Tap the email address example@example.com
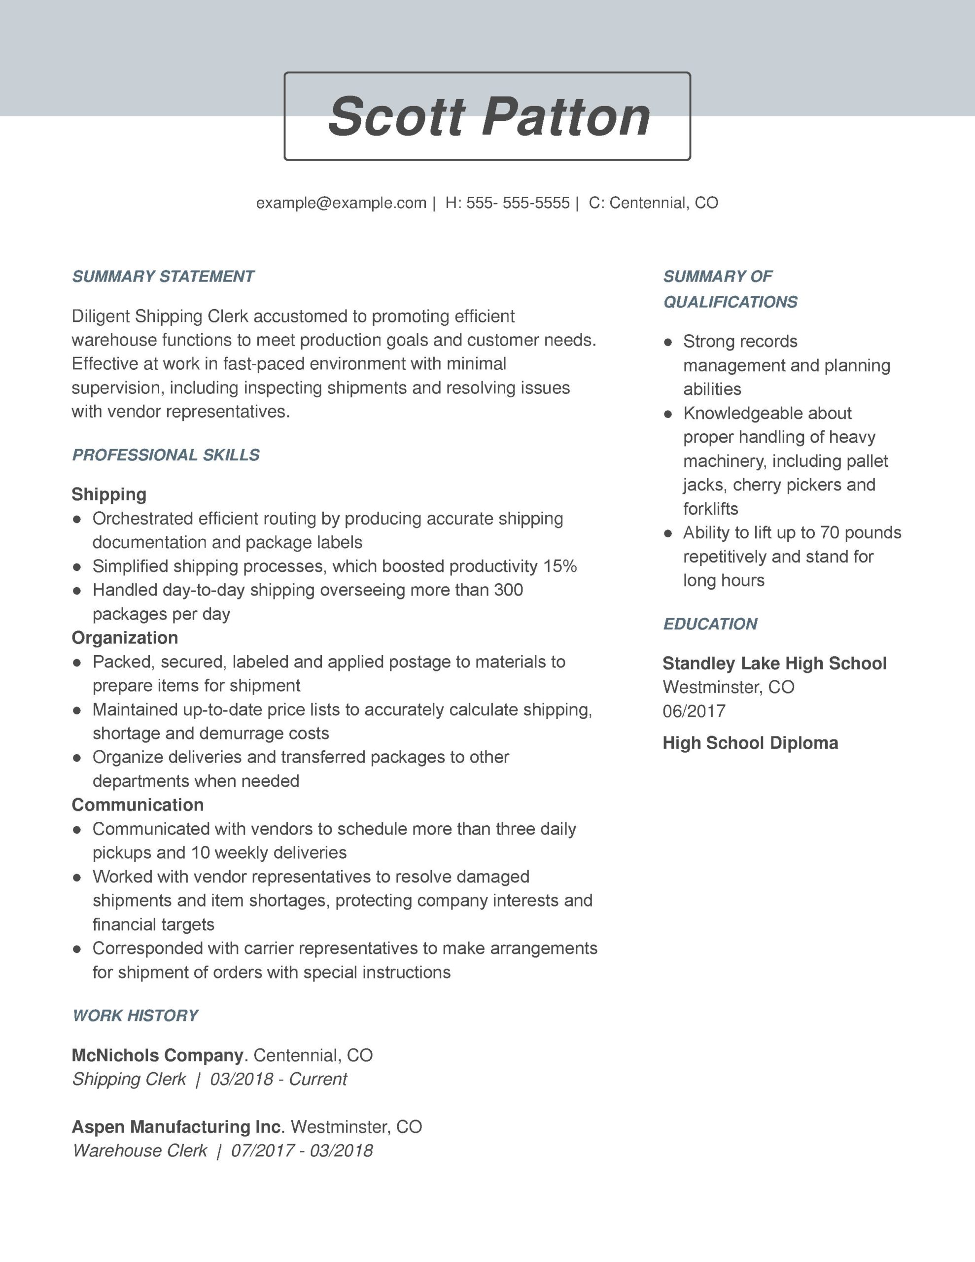pyautogui.click(x=341, y=203)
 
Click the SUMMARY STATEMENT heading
pyautogui.click(x=163, y=276)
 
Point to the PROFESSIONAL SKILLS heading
pyautogui.click(x=166, y=455)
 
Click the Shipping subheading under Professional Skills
pyautogui.click(x=108, y=494)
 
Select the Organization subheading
pyautogui.click(x=125, y=637)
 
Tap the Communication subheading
pyautogui.click(x=138, y=805)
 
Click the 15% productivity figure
pyautogui.click(x=559, y=566)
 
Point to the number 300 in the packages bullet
pyautogui.click(x=508, y=590)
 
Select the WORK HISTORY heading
pyautogui.click(x=135, y=1015)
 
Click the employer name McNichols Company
pyautogui.click(x=157, y=1055)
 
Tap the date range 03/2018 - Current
pyautogui.click(x=278, y=1079)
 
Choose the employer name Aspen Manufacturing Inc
pyautogui.click(x=177, y=1126)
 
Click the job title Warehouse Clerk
pyautogui.click(x=140, y=1151)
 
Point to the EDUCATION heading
pyautogui.click(x=710, y=624)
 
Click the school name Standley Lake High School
pyautogui.click(x=774, y=664)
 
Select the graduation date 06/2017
pyautogui.click(x=694, y=711)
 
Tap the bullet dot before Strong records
pyautogui.click(x=668, y=342)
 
